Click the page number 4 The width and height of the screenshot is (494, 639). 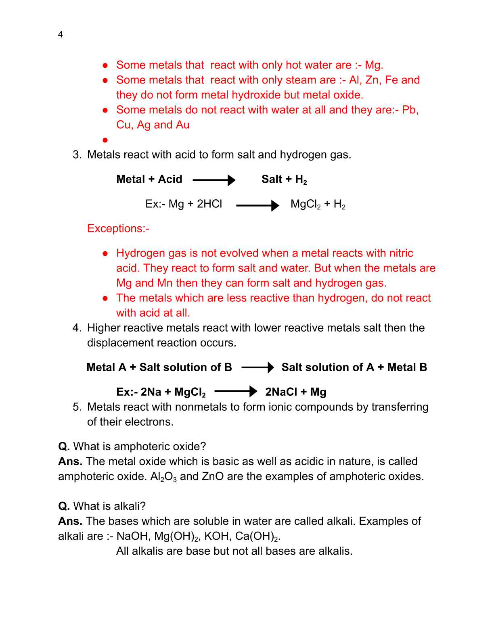tap(60, 35)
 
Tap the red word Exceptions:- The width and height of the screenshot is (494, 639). tap(118, 229)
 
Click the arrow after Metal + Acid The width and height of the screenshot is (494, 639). tap(214, 180)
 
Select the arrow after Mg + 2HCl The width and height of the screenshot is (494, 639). tap(257, 205)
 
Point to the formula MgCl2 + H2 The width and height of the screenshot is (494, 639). tap(318, 205)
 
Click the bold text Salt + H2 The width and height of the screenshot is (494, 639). tap(284, 180)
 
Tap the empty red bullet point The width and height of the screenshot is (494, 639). tap(105, 140)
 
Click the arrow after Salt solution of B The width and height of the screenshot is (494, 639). tap(257, 368)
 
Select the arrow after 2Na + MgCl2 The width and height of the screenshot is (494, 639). tap(236, 391)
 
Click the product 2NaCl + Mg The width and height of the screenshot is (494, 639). tap(295, 392)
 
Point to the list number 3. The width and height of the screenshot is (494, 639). tap(77, 155)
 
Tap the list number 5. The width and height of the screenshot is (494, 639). tap(77, 407)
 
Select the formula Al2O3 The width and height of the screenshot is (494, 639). tap(163, 477)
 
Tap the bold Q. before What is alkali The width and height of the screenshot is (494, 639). tap(64, 506)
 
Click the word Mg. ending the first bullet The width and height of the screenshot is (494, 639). tap(374, 65)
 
